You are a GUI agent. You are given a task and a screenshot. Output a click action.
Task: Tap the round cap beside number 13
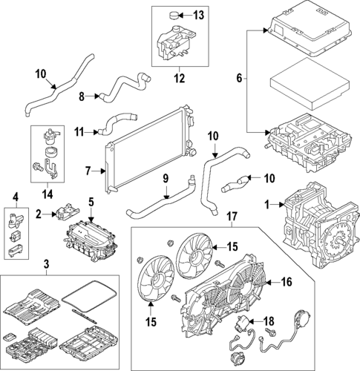177,14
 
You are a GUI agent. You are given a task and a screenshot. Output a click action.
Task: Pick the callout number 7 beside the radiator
88,171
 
